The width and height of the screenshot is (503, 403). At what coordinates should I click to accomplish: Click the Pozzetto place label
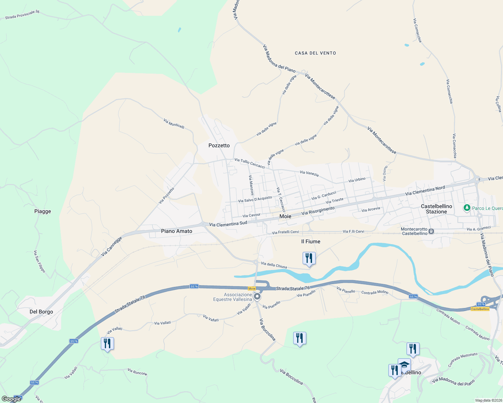click(219, 145)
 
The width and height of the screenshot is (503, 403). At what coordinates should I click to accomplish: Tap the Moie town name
click(285, 216)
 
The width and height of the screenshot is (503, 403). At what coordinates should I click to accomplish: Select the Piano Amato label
click(177, 231)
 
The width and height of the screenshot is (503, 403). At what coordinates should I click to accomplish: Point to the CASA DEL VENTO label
click(315, 53)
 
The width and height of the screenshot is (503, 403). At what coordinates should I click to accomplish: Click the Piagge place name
click(43, 211)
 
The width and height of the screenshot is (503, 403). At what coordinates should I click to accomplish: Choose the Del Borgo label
click(41, 312)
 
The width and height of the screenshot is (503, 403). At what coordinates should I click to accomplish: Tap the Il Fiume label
click(311, 241)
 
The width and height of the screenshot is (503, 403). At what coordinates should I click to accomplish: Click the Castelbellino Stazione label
click(436, 209)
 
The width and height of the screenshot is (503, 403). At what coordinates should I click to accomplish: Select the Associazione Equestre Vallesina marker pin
click(257, 297)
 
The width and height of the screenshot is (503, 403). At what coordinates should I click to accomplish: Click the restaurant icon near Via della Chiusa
click(309, 258)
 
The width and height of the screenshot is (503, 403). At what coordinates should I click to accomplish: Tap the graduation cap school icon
click(404, 365)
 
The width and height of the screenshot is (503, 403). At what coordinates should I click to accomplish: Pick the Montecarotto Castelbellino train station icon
click(431, 231)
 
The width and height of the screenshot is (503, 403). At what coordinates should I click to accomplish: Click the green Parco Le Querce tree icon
click(467, 208)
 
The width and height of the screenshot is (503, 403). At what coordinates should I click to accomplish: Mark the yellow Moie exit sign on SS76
click(252, 288)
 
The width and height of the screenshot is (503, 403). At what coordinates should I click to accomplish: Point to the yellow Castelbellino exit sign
click(480, 309)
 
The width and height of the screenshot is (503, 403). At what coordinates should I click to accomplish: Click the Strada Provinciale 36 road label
click(22, 14)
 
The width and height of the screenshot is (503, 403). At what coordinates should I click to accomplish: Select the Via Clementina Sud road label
click(228, 224)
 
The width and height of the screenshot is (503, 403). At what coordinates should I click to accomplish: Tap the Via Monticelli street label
click(174, 123)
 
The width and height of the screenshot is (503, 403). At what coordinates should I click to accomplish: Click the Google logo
click(11, 399)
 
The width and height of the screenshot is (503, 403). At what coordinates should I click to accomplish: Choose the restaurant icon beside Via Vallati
click(107, 344)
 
